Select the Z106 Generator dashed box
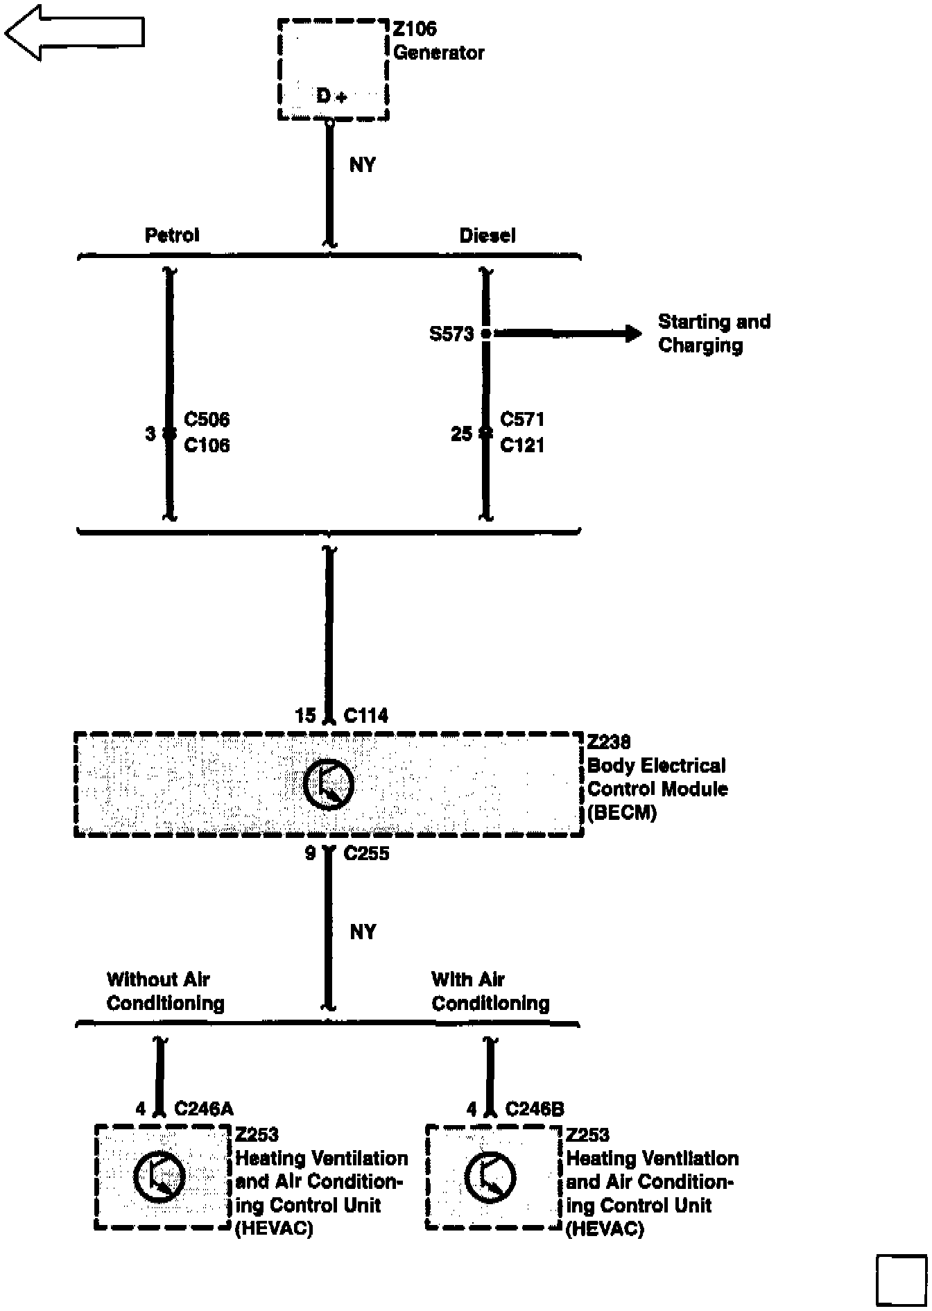(x=333, y=69)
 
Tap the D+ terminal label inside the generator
(x=331, y=96)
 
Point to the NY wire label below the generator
(x=363, y=165)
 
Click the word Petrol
(x=172, y=235)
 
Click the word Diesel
(x=487, y=235)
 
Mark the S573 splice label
(x=451, y=334)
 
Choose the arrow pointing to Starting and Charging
(x=569, y=334)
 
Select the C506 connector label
(x=207, y=420)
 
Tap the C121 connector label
(x=522, y=445)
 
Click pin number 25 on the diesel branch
(x=461, y=434)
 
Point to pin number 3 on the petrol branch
(x=150, y=434)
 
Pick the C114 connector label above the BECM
(x=366, y=715)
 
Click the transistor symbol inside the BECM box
(x=329, y=785)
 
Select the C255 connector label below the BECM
(x=366, y=853)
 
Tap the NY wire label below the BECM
(x=363, y=932)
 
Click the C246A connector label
(x=204, y=1108)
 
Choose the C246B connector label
(x=535, y=1108)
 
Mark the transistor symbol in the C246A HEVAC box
(x=159, y=1177)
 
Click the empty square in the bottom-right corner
(x=901, y=1279)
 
